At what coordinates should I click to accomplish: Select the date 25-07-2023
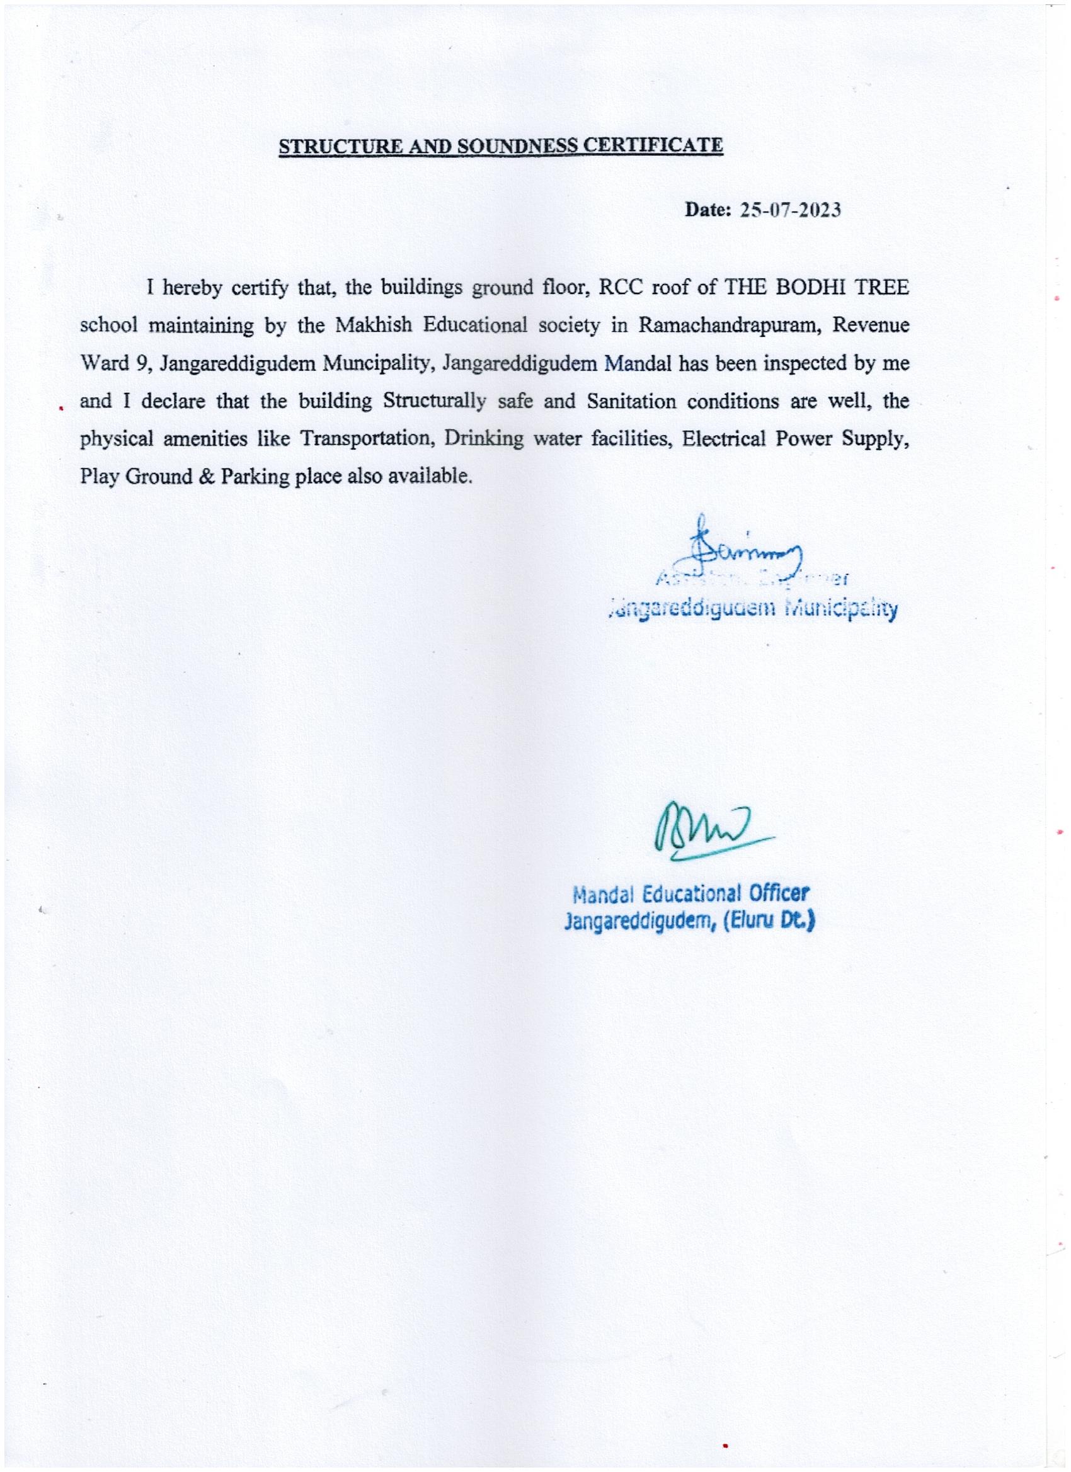(791, 211)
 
